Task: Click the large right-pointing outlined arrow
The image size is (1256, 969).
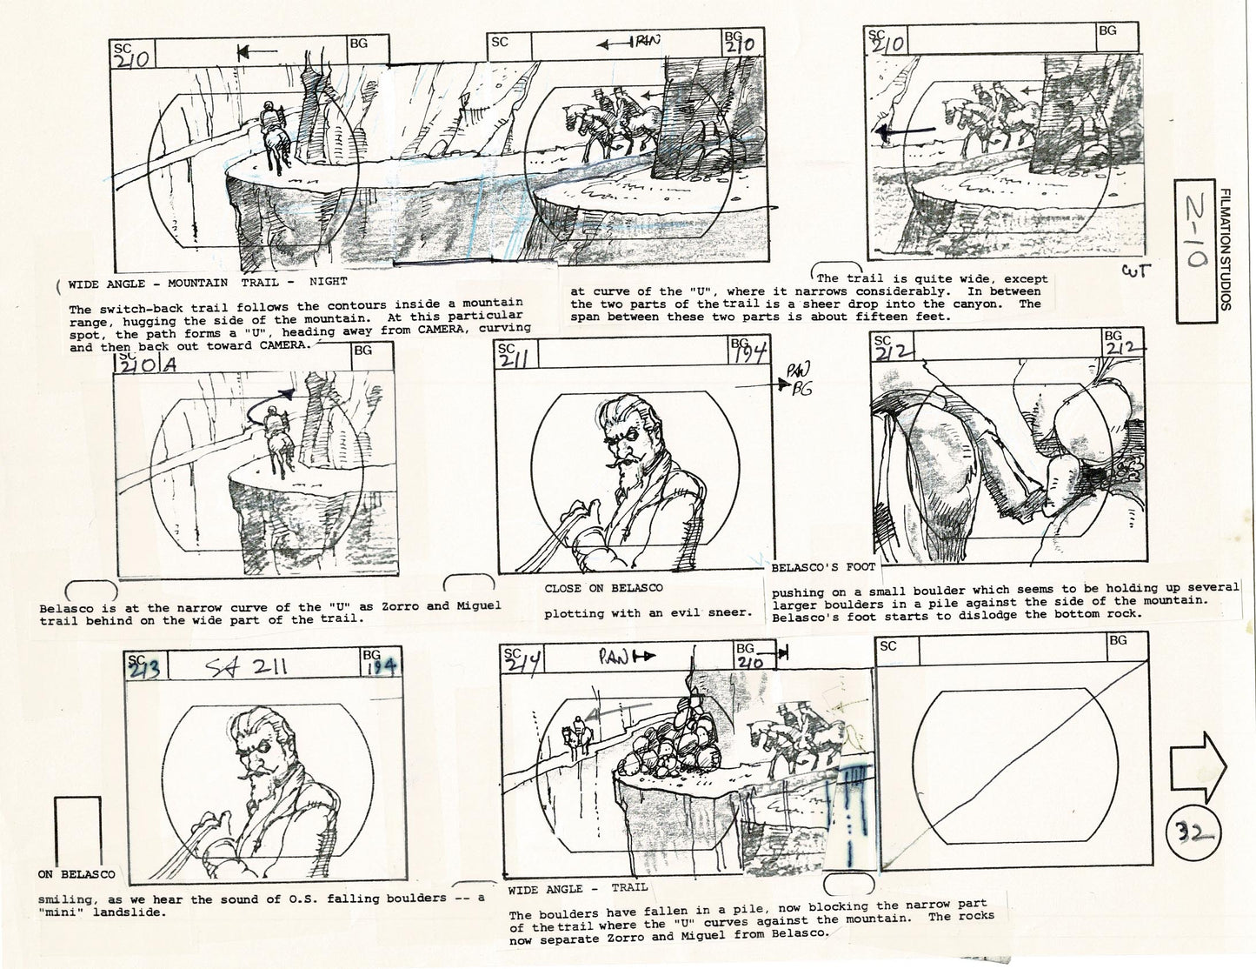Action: click(x=1198, y=768)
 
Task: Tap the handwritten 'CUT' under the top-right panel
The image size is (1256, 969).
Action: click(x=1132, y=271)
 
